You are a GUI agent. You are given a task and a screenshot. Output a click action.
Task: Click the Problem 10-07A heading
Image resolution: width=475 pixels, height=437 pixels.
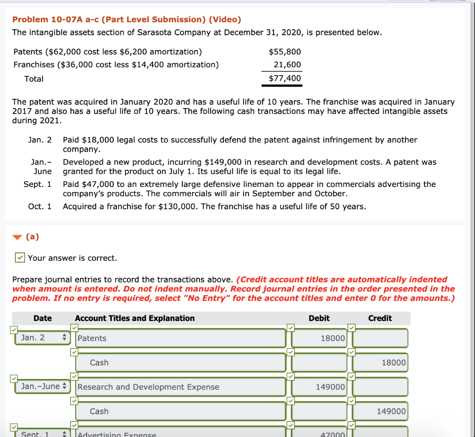coord(127,19)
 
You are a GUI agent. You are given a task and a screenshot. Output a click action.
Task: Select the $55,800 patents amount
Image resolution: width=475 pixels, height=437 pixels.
coord(285,51)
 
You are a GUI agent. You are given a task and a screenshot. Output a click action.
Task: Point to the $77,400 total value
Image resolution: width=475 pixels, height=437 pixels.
coord(285,78)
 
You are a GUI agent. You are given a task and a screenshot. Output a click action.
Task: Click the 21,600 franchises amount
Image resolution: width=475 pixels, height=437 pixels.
coord(287,64)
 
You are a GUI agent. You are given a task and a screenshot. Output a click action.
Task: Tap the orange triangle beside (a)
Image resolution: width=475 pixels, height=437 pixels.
coord(17,237)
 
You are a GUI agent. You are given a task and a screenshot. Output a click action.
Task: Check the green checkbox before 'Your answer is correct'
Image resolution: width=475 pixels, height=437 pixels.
coord(19,257)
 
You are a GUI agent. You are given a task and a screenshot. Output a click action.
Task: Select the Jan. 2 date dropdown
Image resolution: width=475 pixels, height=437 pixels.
coord(42,337)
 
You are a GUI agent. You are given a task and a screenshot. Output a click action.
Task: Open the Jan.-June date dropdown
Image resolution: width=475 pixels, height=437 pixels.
coord(42,386)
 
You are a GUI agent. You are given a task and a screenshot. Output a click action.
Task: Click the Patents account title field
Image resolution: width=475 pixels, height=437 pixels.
coord(180,338)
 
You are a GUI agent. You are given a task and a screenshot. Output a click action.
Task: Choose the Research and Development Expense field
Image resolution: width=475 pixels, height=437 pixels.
coord(180,387)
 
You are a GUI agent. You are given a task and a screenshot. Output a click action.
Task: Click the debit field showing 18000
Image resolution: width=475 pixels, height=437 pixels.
coord(319,338)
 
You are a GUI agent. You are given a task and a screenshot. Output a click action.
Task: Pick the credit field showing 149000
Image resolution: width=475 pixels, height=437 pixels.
coord(380,411)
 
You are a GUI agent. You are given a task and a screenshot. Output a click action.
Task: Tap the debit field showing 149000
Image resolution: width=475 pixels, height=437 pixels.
coord(319,387)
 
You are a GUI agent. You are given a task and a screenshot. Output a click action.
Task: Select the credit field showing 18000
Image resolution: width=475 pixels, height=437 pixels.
coord(380,362)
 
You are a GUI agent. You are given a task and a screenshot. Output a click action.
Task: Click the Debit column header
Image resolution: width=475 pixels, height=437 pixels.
coord(319,318)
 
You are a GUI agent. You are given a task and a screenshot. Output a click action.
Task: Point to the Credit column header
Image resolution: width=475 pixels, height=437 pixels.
coord(380,318)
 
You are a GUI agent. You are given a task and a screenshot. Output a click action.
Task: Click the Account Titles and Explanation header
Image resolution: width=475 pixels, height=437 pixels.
coord(135,318)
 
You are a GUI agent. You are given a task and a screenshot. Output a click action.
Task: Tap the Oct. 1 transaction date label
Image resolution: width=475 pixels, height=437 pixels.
coord(40,206)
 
